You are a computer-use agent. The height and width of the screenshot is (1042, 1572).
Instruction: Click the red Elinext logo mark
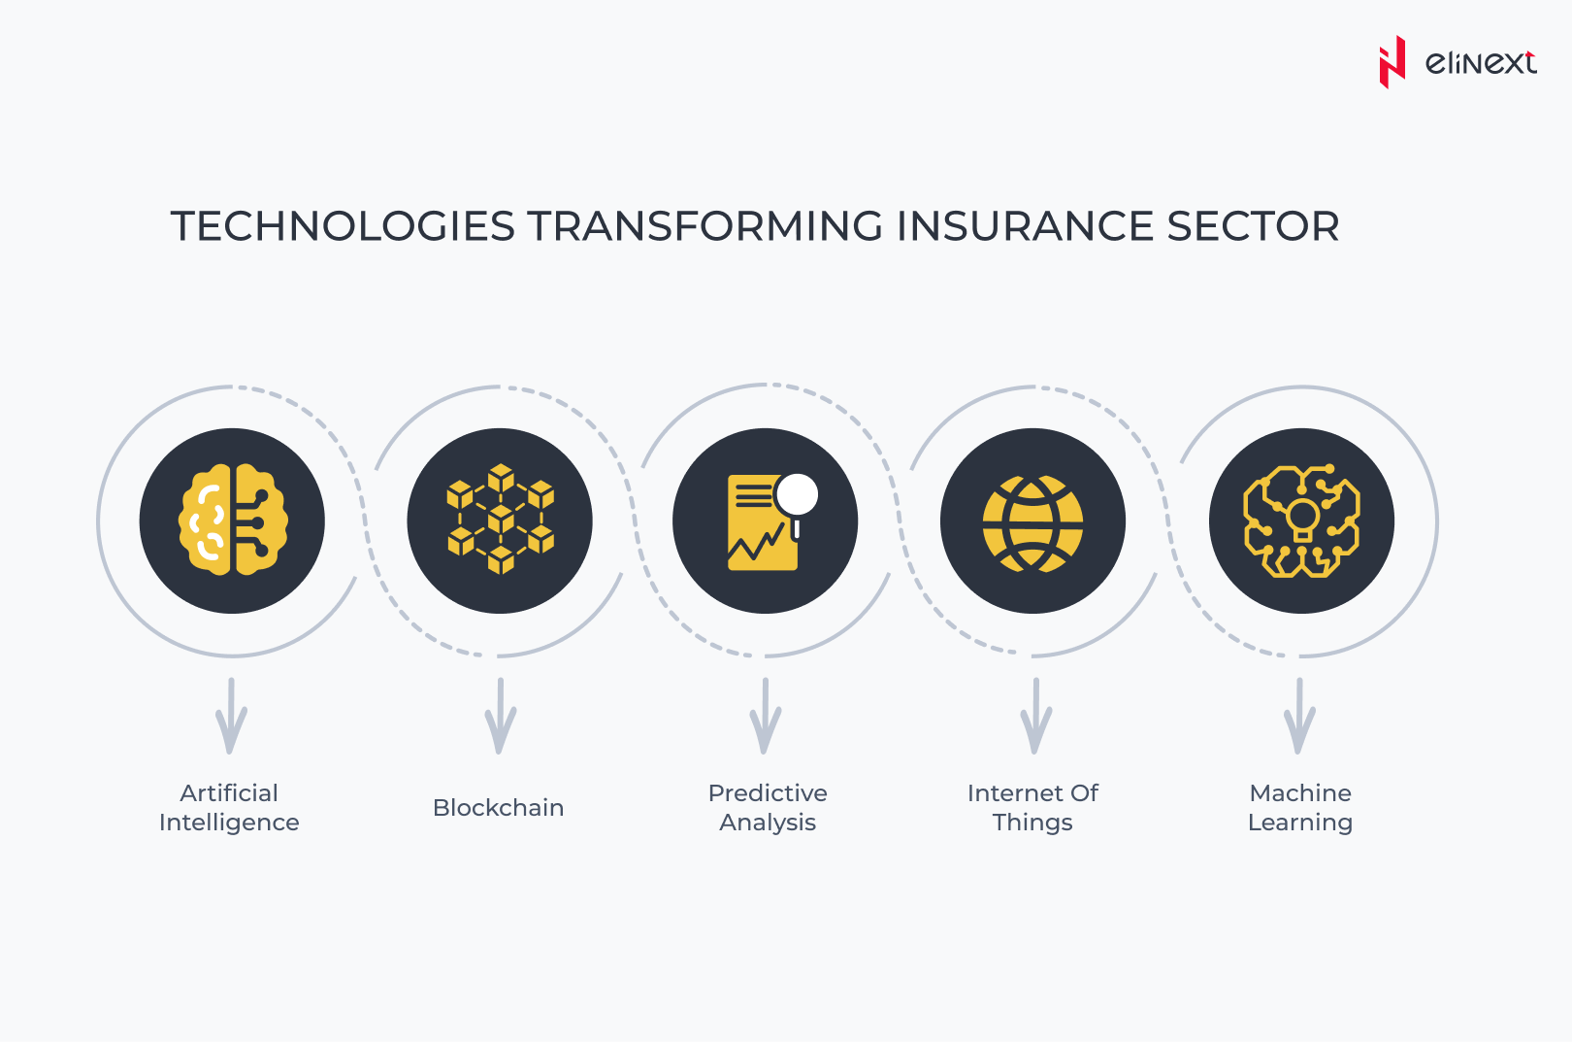tap(1392, 62)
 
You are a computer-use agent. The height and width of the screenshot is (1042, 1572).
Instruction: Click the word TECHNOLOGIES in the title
tap(344, 226)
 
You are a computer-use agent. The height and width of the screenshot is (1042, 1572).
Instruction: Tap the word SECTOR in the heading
tap(1253, 226)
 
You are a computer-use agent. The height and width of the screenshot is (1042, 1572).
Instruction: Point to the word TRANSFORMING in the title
tap(705, 226)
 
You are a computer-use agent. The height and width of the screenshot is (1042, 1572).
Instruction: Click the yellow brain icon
tap(232, 521)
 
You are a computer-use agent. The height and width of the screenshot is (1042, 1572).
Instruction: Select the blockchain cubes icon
tap(501, 519)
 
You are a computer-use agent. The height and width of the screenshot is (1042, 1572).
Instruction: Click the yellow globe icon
tap(1032, 523)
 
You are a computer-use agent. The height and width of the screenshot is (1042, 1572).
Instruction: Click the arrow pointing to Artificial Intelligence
tap(231, 717)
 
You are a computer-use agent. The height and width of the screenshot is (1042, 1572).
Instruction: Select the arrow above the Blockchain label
tap(501, 717)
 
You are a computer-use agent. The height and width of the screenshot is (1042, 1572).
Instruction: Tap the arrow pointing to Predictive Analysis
tap(765, 717)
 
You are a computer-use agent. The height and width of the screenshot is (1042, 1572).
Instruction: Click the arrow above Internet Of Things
tap(1035, 717)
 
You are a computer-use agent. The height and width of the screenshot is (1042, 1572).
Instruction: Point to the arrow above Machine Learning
tap(1299, 717)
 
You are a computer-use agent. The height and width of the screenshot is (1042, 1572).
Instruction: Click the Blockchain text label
tap(498, 808)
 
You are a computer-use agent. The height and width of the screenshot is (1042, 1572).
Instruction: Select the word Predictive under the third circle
tap(768, 792)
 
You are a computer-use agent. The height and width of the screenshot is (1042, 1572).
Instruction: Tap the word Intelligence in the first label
tap(229, 823)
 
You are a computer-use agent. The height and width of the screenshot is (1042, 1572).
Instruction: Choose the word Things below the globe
tap(1032, 823)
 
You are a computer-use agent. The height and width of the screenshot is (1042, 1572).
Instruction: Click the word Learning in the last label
tap(1299, 823)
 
